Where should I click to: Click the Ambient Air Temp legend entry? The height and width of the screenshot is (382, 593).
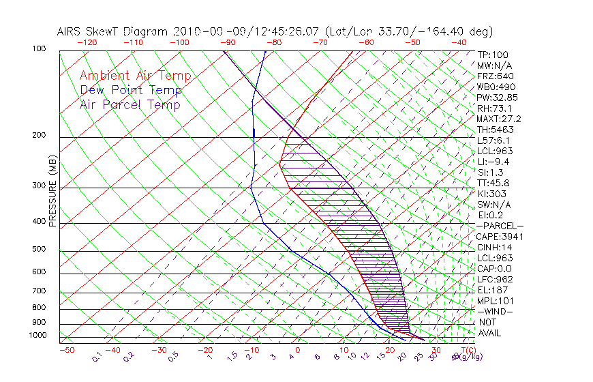click(x=135, y=76)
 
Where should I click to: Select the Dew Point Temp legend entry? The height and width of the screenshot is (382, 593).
click(x=131, y=90)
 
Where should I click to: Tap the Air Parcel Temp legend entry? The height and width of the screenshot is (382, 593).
click(x=130, y=104)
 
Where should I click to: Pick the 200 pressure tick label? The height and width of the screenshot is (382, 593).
click(x=39, y=135)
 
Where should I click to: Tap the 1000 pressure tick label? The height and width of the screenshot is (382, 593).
click(x=37, y=335)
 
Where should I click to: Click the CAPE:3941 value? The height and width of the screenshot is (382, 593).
click(x=500, y=237)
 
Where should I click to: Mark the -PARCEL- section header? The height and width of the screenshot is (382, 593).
click(x=500, y=226)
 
